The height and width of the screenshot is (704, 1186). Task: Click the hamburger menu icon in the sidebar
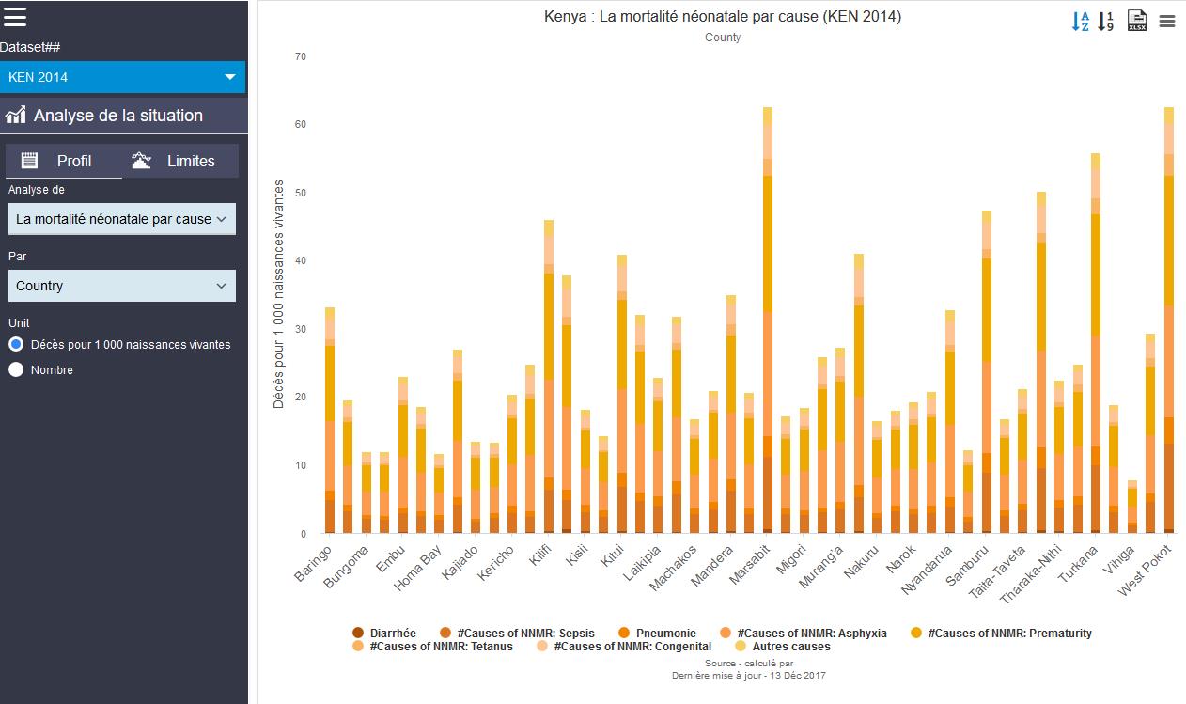15,16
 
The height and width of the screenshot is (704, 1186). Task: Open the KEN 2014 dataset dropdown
122,77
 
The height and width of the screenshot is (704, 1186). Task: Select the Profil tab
64,161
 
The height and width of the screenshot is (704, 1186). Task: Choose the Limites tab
179,161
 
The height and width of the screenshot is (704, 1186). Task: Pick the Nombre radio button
16,369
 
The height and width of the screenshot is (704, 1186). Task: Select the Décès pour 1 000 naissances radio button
16,344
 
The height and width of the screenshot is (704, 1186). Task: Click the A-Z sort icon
1080,21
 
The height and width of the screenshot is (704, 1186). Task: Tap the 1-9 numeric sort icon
1106,21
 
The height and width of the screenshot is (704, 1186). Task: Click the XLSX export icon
1136,21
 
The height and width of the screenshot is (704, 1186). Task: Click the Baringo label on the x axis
314,563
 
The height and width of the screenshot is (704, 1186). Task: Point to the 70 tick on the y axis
300,56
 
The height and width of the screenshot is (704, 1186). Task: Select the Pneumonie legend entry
665,634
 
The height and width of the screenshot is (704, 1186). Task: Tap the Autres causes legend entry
788,647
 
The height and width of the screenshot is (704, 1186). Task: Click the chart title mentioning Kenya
722,16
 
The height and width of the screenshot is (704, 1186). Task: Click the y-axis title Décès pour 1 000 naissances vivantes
279,293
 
